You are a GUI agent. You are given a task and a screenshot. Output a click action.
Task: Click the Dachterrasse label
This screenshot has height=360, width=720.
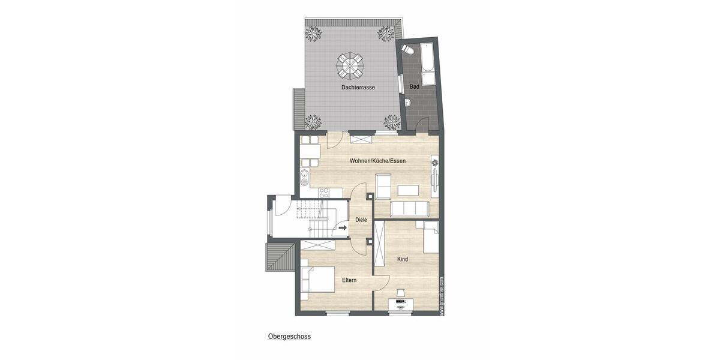358,88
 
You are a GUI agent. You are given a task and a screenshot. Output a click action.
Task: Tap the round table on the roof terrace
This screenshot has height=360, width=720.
350,65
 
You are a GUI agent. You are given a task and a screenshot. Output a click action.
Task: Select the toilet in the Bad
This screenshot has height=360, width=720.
408,50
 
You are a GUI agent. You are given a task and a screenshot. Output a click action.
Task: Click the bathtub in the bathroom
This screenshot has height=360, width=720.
428,64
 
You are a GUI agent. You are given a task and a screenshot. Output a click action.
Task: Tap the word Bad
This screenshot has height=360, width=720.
414,88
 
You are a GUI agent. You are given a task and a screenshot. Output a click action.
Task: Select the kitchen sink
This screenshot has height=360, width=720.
304,176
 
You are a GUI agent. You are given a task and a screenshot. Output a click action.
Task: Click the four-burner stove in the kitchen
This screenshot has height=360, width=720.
324,193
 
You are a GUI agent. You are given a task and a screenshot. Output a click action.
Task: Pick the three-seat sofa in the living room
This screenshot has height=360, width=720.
409,209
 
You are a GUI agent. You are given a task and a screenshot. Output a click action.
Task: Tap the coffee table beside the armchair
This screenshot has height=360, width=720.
409,190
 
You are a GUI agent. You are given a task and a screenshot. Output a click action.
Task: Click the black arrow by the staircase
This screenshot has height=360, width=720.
343,228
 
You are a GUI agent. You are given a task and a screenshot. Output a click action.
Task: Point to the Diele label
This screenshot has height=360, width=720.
361,220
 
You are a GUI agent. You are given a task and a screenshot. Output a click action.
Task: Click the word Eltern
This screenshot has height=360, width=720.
350,281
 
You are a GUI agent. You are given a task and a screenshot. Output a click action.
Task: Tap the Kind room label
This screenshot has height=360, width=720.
403,259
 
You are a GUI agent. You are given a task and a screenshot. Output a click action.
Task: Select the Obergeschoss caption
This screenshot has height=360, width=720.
289,337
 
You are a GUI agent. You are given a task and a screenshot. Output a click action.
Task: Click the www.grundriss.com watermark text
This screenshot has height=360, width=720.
442,295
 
